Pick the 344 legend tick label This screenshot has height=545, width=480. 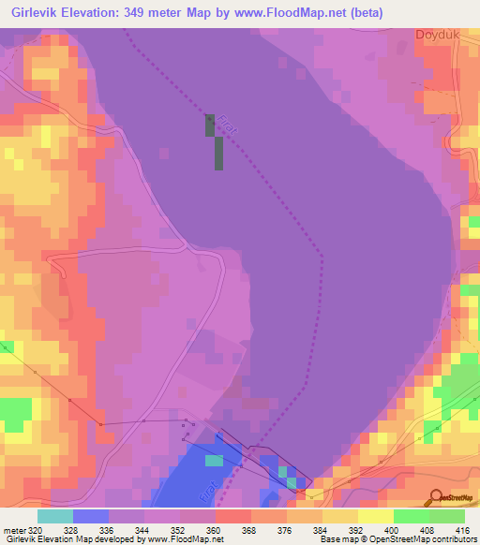126,529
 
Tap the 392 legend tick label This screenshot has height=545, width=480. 340,529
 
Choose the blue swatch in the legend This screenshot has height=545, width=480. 90,516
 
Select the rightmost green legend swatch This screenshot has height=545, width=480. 447,516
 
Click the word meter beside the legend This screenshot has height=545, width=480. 13,529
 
